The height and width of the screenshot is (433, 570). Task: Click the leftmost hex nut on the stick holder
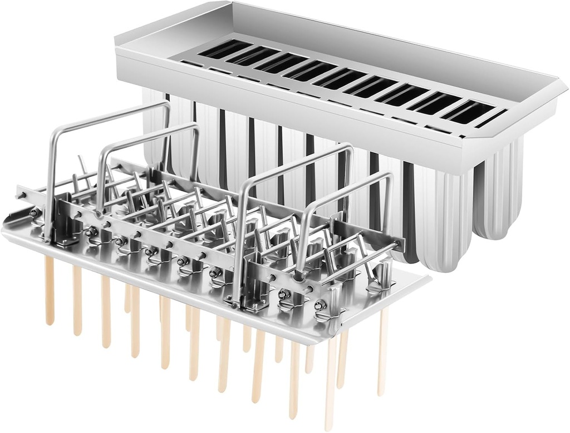tap(34, 213)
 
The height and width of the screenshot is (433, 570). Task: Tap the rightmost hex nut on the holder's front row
tap(321, 305)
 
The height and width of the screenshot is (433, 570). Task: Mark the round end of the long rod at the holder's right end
tap(397, 243)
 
